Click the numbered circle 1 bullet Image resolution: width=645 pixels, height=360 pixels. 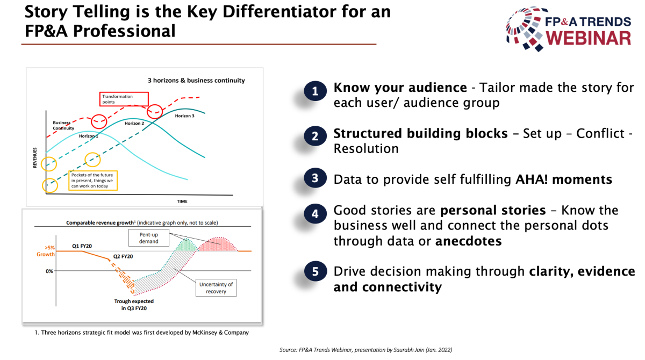pos(316,91)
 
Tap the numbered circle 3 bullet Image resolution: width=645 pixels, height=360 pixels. pos(316,178)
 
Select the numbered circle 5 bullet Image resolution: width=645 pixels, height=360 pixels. pos(316,271)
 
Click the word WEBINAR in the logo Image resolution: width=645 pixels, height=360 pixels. pos(588,38)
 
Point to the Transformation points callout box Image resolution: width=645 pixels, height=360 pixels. pos(124,99)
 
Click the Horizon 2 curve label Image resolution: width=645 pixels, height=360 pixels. pos(134,123)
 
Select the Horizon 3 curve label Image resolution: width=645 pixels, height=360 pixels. pos(184,116)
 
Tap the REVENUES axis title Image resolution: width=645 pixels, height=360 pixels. pos(35,157)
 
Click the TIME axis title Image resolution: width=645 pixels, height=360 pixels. pos(182,201)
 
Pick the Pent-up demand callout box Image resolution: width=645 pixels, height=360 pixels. pos(148,237)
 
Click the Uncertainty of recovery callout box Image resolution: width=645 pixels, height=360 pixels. pos(216,288)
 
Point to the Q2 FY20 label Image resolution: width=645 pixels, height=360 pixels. pos(123,256)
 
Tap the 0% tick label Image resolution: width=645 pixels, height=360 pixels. pos(49,271)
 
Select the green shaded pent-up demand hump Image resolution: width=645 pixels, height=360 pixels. pos(186,246)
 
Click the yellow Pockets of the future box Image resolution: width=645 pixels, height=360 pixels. pos(93,181)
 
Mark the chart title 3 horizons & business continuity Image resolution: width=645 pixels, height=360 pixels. pos(196,80)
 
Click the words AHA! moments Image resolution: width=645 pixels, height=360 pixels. pos(564,179)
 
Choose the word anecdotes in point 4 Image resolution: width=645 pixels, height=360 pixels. pos(469,241)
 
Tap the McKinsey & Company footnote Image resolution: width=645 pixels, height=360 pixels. pos(142,333)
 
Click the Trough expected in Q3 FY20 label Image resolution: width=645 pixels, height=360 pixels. pos(134,305)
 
